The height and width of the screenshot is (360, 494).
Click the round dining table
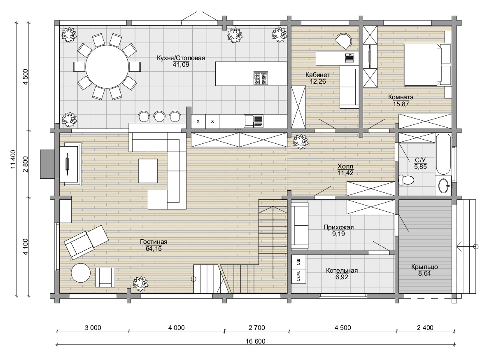pos(107,67)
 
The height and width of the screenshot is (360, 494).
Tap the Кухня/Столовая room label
pos(181,58)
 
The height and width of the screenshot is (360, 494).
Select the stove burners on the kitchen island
pos(261,78)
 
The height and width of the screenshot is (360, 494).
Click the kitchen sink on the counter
pos(254,121)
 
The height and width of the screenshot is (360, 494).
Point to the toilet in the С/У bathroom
pos(406,180)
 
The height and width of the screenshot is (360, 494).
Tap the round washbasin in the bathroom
pos(443,186)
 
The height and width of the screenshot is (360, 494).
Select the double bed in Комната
pos(427,64)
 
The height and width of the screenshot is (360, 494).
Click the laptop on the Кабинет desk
pos(350,57)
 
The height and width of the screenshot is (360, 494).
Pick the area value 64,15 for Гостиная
pos(154,248)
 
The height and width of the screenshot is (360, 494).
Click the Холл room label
pos(345,166)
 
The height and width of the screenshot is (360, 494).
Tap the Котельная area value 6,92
pos(342,277)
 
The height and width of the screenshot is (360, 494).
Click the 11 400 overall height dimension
pos(13,159)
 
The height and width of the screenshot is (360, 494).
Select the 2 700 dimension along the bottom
pos(257,327)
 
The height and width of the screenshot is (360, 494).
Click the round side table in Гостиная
pos(81,273)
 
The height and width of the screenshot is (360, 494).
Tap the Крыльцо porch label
pos(424,267)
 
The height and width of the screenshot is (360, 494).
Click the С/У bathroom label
pos(420,160)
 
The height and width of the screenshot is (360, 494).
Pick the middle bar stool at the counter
pos(159,116)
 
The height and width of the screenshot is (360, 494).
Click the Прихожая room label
pos(338,227)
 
